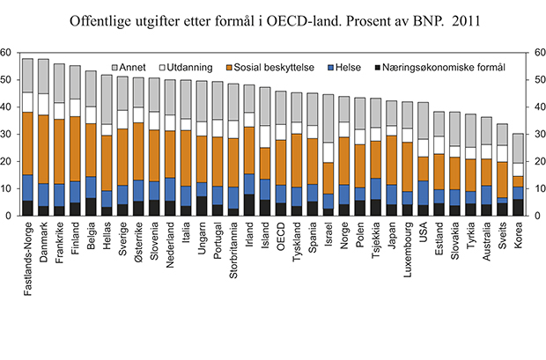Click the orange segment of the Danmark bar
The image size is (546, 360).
click(x=43, y=149)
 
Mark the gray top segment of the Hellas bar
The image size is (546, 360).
click(x=107, y=99)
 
